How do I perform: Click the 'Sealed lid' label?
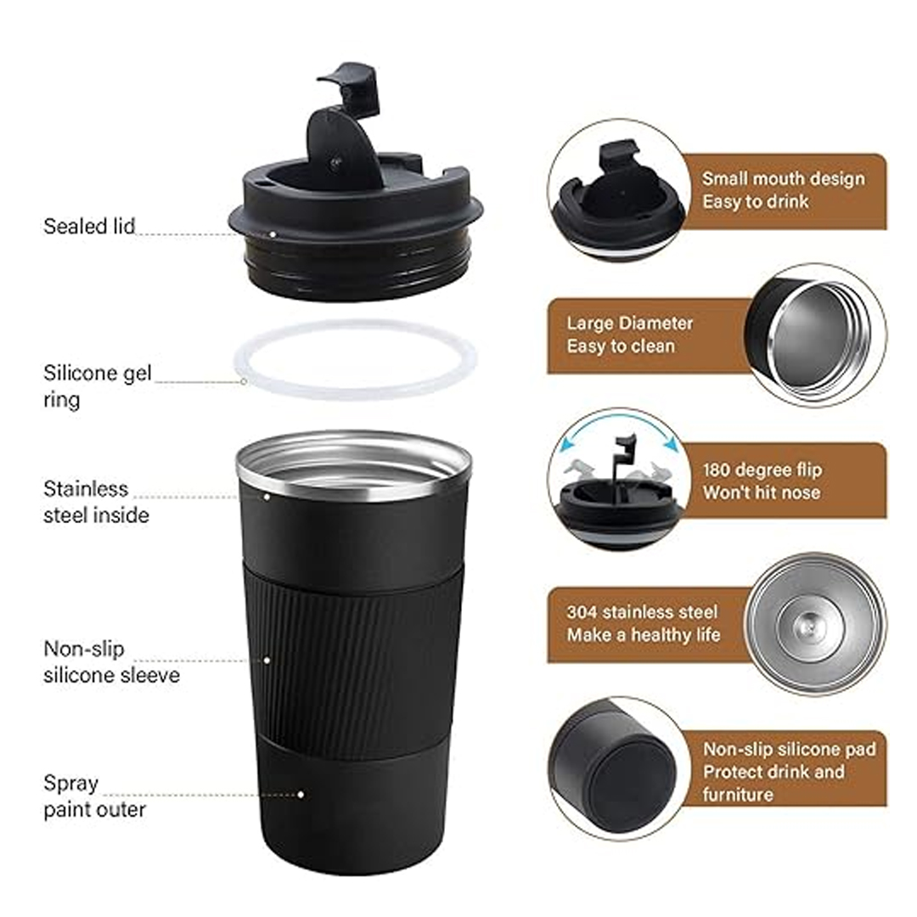pyautogui.click(x=89, y=227)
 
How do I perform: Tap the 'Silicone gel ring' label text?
pyautogui.click(x=97, y=386)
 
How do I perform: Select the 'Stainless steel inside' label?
pyautogui.click(x=96, y=502)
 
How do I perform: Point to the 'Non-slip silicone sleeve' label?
pyautogui.click(x=111, y=662)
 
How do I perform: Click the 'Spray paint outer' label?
pyautogui.click(x=94, y=796)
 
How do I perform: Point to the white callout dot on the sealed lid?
pyautogui.click(x=273, y=234)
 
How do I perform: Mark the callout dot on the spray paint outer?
pyautogui.click(x=300, y=795)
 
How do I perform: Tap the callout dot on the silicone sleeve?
pyautogui.click(x=267, y=661)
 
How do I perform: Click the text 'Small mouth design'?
pyautogui.click(x=783, y=178)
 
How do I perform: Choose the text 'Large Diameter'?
pyautogui.click(x=629, y=323)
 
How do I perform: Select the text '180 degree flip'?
pyautogui.click(x=762, y=470)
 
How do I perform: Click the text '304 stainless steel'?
pyautogui.click(x=642, y=612)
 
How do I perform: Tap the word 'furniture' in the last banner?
pyautogui.click(x=738, y=794)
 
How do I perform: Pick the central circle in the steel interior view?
pyautogui.click(x=810, y=627)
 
